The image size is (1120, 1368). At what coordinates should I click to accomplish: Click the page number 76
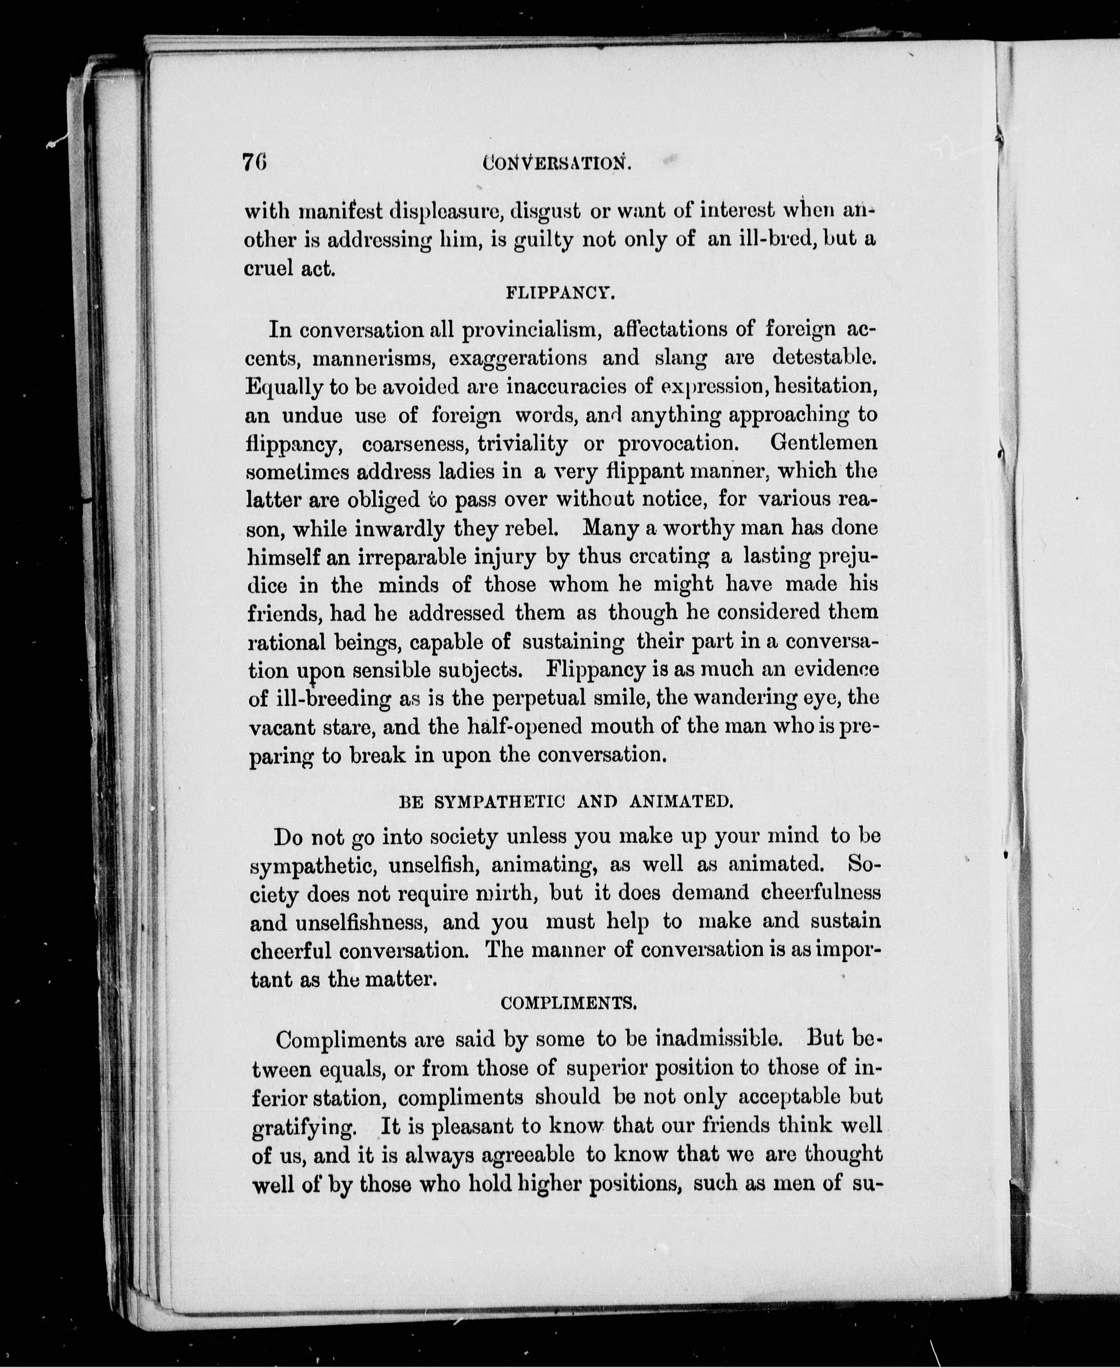(255, 161)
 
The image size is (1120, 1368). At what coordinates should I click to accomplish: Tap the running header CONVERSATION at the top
(557, 163)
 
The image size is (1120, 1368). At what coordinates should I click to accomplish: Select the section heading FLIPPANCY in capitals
(559, 294)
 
